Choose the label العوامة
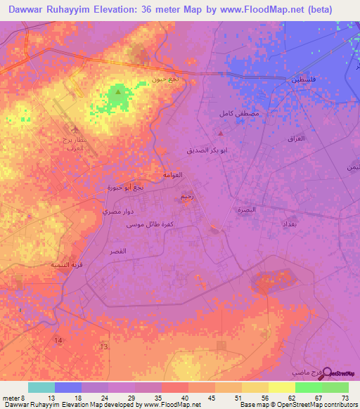tap(172, 175)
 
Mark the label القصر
tap(118, 251)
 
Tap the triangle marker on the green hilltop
tap(118, 91)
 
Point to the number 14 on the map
tap(57, 340)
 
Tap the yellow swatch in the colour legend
tap(281, 387)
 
